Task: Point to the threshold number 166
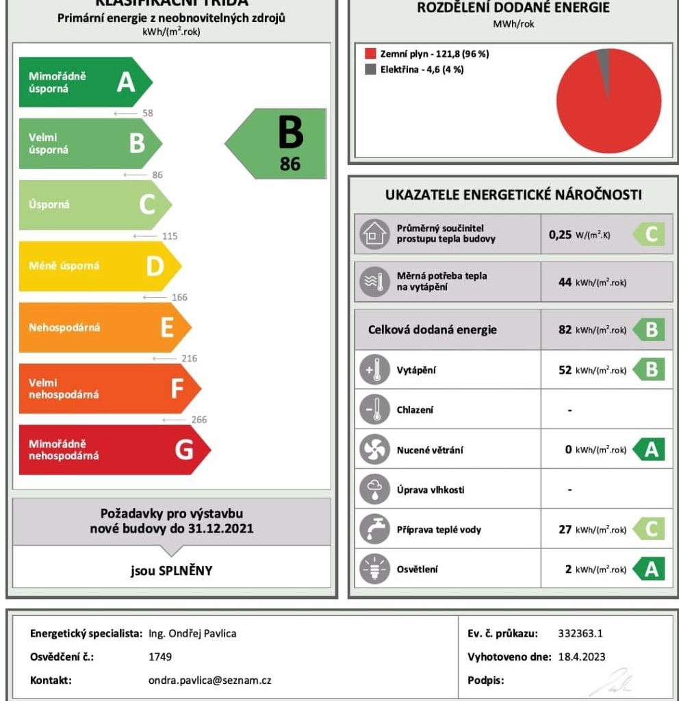(x=180, y=298)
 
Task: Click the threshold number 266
(x=199, y=420)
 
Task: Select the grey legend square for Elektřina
(x=370, y=69)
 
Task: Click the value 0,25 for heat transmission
(x=560, y=235)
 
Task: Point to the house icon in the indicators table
(x=374, y=234)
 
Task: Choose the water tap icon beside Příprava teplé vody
(x=374, y=529)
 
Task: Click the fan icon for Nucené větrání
(x=374, y=450)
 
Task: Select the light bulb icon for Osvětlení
(x=374, y=570)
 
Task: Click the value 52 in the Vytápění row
(x=565, y=370)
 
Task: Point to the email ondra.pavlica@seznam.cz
(x=209, y=680)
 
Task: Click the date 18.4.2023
(x=580, y=657)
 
